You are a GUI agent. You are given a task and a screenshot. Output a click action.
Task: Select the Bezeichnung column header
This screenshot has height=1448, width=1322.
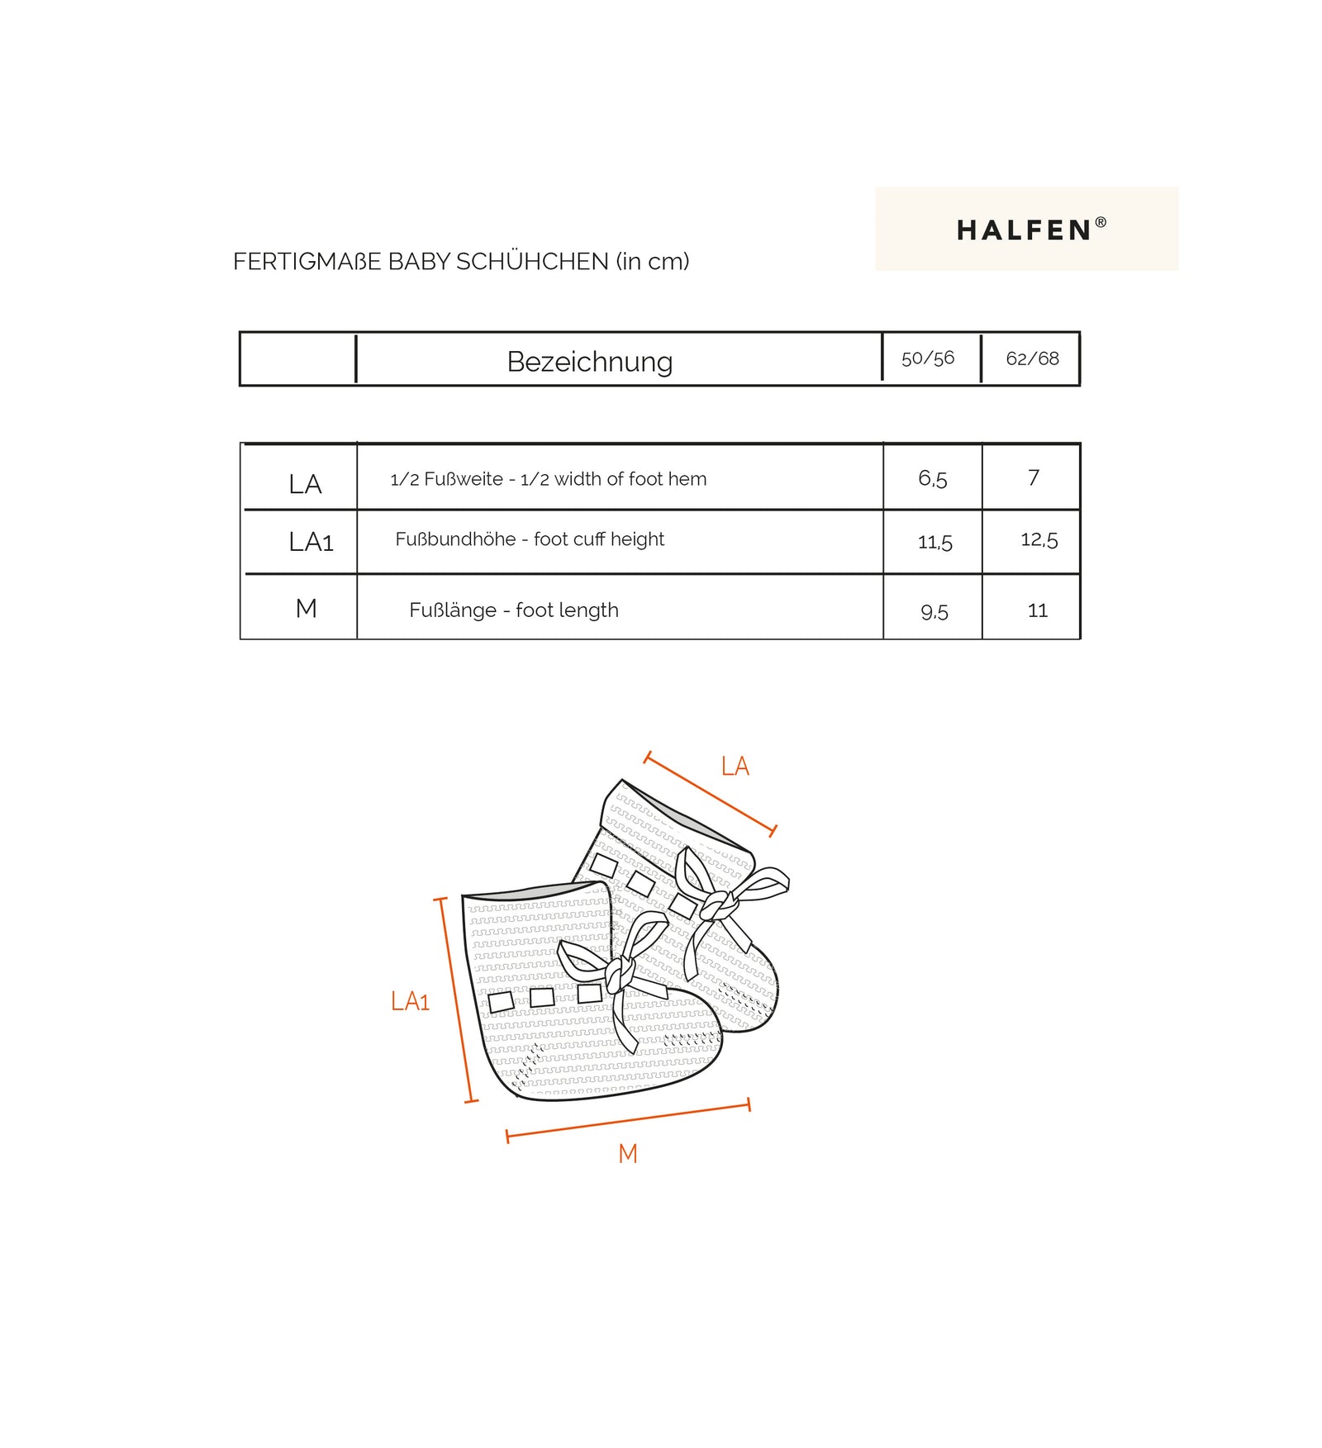click(x=589, y=362)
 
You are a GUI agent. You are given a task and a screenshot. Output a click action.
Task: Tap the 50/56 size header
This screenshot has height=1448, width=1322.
click(x=927, y=358)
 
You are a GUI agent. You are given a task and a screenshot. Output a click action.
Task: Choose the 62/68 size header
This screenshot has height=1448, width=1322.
click(x=1032, y=358)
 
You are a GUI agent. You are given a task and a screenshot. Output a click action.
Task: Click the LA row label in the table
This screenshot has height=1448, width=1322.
click(x=305, y=484)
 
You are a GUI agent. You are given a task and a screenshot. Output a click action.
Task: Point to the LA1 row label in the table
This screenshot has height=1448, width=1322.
click(x=311, y=542)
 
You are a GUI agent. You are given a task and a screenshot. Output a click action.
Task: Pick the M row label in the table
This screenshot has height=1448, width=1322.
click(x=306, y=609)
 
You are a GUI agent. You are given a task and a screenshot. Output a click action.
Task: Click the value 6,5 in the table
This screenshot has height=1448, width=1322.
click(x=932, y=478)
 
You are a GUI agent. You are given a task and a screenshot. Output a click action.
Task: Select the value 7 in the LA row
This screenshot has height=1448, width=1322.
click(x=1033, y=477)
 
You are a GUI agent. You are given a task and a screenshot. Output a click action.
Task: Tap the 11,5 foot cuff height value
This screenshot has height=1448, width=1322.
click(x=934, y=542)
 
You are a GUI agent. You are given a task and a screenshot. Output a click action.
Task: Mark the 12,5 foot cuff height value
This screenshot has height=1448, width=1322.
click(x=1039, y=539)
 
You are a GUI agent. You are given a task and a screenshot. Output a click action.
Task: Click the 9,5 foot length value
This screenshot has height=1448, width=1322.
click(x=934, y=611)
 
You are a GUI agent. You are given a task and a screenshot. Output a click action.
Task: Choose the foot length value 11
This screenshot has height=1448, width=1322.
click(x=1037, y=610)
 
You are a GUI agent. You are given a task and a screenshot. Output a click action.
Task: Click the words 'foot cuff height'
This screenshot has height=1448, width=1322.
click(x=598, y=539)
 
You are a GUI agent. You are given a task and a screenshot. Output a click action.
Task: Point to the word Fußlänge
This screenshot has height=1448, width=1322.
click(x=453, y=610)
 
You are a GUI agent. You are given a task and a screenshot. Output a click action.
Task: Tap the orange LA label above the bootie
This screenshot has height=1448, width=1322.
click(x=735, y=766)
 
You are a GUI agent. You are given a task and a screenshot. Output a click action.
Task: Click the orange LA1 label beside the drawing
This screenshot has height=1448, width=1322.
click(x=410, y=1001)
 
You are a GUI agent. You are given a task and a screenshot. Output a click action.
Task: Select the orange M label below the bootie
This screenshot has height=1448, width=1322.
click(x=627, y=1153)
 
